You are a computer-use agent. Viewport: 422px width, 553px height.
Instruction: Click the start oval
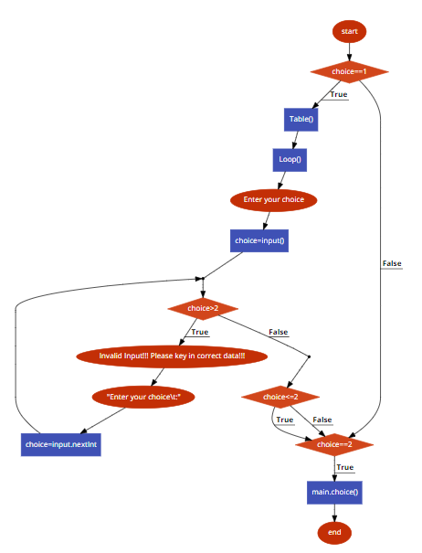pos(349,31)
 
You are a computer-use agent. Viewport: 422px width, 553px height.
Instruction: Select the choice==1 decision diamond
pos(349,71)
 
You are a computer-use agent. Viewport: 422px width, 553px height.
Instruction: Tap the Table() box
pos(301,119)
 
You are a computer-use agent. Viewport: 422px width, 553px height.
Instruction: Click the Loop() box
pos(289,159)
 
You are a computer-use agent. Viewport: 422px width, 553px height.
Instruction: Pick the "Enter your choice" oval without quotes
pos(273,199)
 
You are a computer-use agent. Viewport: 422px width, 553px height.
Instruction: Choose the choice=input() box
pos(259,241)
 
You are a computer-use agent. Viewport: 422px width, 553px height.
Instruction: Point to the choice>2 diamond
pos(204,309)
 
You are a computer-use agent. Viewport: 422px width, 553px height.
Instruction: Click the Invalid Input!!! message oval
pos(172,356)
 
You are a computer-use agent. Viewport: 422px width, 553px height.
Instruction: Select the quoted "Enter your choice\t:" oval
pos(143,398)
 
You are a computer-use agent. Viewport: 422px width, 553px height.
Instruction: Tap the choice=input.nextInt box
pos(61,445)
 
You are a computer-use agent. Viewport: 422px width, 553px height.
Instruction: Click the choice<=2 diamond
pos(280,397)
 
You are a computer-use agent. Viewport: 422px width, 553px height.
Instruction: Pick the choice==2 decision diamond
pos(334,445)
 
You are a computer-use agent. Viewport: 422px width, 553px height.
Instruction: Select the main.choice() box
pos(334,492)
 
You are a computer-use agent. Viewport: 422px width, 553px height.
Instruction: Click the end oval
pos(334,531)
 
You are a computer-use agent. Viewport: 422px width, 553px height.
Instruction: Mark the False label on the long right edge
pos(391,263)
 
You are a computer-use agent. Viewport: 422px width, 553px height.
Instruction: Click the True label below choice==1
pos(338,94)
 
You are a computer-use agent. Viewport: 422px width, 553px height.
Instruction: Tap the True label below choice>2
pos(200,332)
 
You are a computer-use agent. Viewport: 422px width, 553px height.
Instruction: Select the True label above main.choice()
pos(344,467)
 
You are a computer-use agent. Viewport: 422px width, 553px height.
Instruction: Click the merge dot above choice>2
pos(203,278)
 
